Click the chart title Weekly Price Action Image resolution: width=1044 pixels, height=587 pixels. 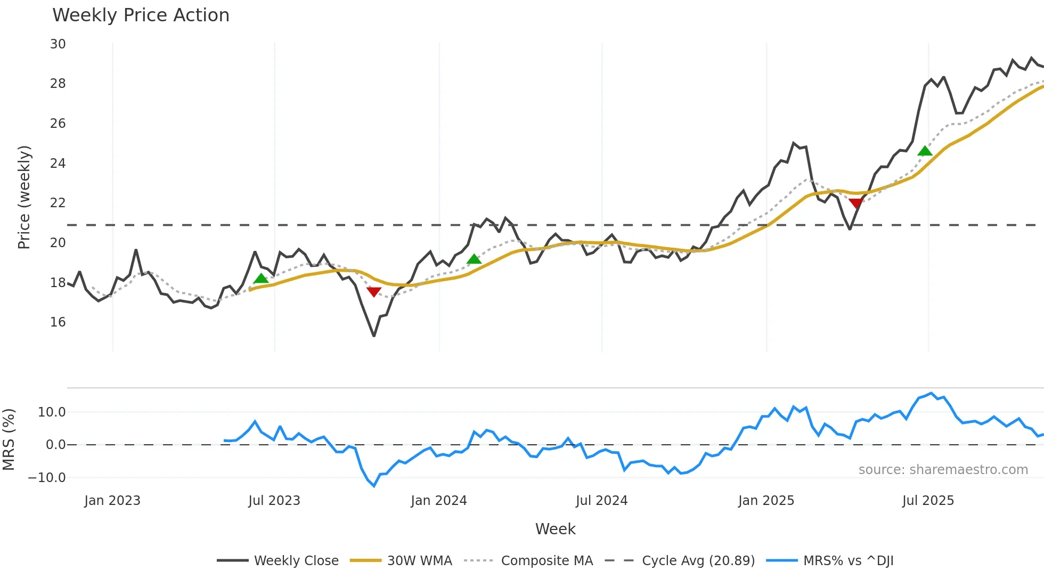(x=141, y=15)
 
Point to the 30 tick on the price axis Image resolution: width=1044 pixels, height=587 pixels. (x=58, y=44)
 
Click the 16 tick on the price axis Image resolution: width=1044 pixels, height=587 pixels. (x=58, y=322)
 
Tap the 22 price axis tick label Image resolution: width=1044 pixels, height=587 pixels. (x=58, y=203)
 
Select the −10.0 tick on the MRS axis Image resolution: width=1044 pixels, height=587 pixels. (x=47, y=478)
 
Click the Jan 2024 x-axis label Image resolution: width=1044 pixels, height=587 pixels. (x=439, y=501)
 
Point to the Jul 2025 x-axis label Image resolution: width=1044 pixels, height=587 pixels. (x=928, y=501)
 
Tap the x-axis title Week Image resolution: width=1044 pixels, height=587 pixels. (x=555, y=529)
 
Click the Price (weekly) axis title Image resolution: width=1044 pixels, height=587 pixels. (x=24, y=197)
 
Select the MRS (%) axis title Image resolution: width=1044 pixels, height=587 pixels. (x=9, y=439)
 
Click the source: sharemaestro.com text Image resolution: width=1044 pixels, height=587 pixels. (x=943, y=470)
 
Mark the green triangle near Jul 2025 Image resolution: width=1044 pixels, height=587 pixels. (x=925, y=151)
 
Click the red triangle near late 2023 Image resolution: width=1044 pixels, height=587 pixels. (x=374, y=291)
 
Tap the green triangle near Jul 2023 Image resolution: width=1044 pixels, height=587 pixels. (x=261, y=279)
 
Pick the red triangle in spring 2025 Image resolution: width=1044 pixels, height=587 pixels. (x=855, y=203)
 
